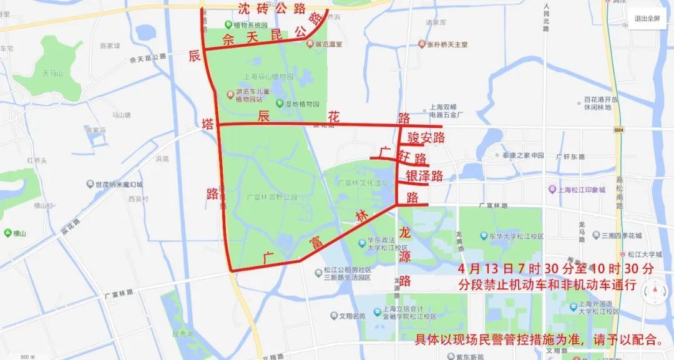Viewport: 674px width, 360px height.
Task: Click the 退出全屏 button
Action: [x=647, y=18]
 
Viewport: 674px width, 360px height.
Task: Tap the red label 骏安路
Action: [x=426, y=137]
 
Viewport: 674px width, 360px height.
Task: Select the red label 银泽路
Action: [x=424, y=176]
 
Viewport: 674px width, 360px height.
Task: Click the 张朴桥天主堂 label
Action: [x=447, y=45]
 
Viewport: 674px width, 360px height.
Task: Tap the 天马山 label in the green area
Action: [x=53, y=74]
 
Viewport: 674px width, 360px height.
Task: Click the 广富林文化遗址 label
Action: [x=363, y=183]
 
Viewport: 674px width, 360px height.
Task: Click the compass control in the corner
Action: [x=653, y=291]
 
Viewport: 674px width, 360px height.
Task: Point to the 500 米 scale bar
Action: [x=28, y=357]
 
